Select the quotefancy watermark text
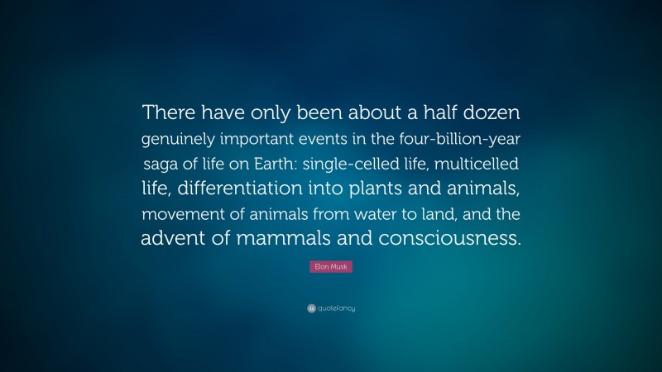tap(336, 308)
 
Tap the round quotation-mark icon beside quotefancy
tap(311, 308)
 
